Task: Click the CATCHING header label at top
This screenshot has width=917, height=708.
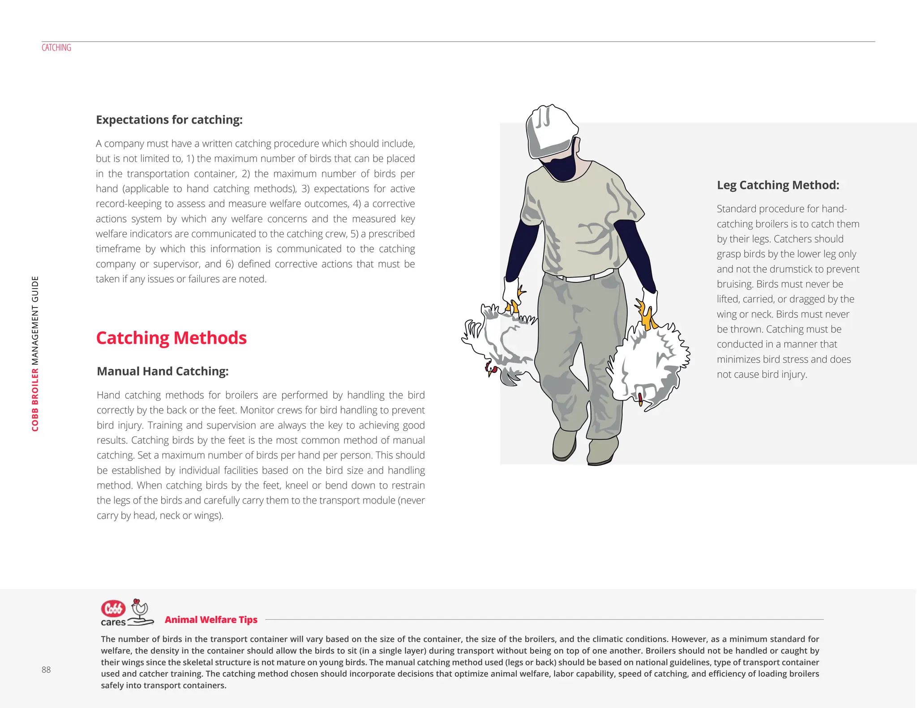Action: point(56,47)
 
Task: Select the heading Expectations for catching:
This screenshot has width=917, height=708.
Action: point(169,119)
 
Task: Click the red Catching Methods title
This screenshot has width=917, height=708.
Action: point(171,338)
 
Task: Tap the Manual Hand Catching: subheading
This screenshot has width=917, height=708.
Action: point(163,371)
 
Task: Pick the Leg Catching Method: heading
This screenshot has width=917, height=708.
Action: point(778,185)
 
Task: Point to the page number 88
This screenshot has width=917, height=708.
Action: point(46,670)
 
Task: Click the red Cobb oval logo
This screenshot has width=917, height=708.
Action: point(113,609)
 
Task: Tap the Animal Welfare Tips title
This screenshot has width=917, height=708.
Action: point(211,619)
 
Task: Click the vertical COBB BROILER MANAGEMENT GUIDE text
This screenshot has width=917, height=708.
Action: point(35,354)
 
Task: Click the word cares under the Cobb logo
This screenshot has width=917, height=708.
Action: point(113,622)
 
